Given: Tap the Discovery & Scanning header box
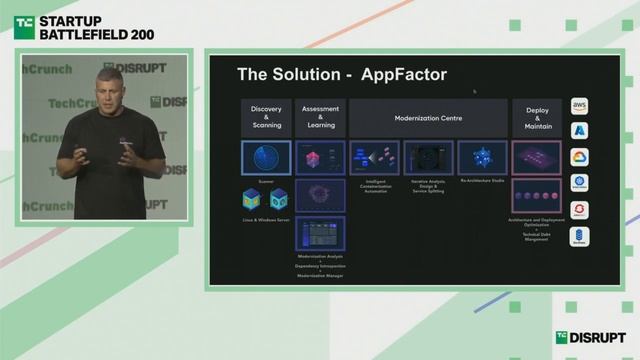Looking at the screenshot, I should (x=266, y=117).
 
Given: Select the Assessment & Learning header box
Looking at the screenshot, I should (x=320, y=117).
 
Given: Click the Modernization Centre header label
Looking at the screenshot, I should (x=427, y=118).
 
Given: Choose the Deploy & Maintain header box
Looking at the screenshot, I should (x=536, y=117).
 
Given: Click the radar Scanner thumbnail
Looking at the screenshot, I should (x=266, y=158).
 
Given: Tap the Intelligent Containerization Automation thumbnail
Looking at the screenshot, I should (x=374, y=157).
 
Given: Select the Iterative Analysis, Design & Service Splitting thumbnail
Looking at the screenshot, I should (x=428, y=157).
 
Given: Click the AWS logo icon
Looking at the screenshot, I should (x=580, y=104).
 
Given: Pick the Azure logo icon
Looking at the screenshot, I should (x=580, y=130).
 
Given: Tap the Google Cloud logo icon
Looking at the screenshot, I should (x=580, y=157).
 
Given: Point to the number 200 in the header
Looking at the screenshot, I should (x=140, y=33).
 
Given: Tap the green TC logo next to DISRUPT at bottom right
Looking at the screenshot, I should (x=562, y=338).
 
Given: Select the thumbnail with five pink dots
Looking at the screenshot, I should (x=536, y=194).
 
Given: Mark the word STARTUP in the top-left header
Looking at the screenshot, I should (x=76, y=17).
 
